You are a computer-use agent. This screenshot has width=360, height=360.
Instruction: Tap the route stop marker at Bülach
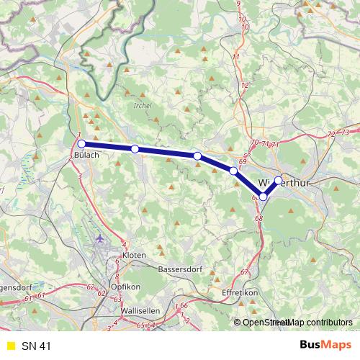[x=82, y=143]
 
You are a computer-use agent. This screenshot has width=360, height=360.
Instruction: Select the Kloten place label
[x=135, y=256]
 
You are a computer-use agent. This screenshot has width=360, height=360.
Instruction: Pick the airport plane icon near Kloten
[x=99, y=237]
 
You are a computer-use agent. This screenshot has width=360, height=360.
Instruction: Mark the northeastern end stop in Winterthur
[x=279, y=181]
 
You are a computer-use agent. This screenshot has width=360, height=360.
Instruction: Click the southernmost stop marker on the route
[x=264, y=197]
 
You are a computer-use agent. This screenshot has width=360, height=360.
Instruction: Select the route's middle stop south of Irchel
[x=197, y=156]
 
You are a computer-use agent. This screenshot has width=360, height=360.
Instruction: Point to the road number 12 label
[x=245, y=85]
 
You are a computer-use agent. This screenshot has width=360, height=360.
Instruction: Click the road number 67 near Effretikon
[x=244, y=272]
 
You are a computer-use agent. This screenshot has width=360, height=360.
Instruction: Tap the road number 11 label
[x=235, y=56]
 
